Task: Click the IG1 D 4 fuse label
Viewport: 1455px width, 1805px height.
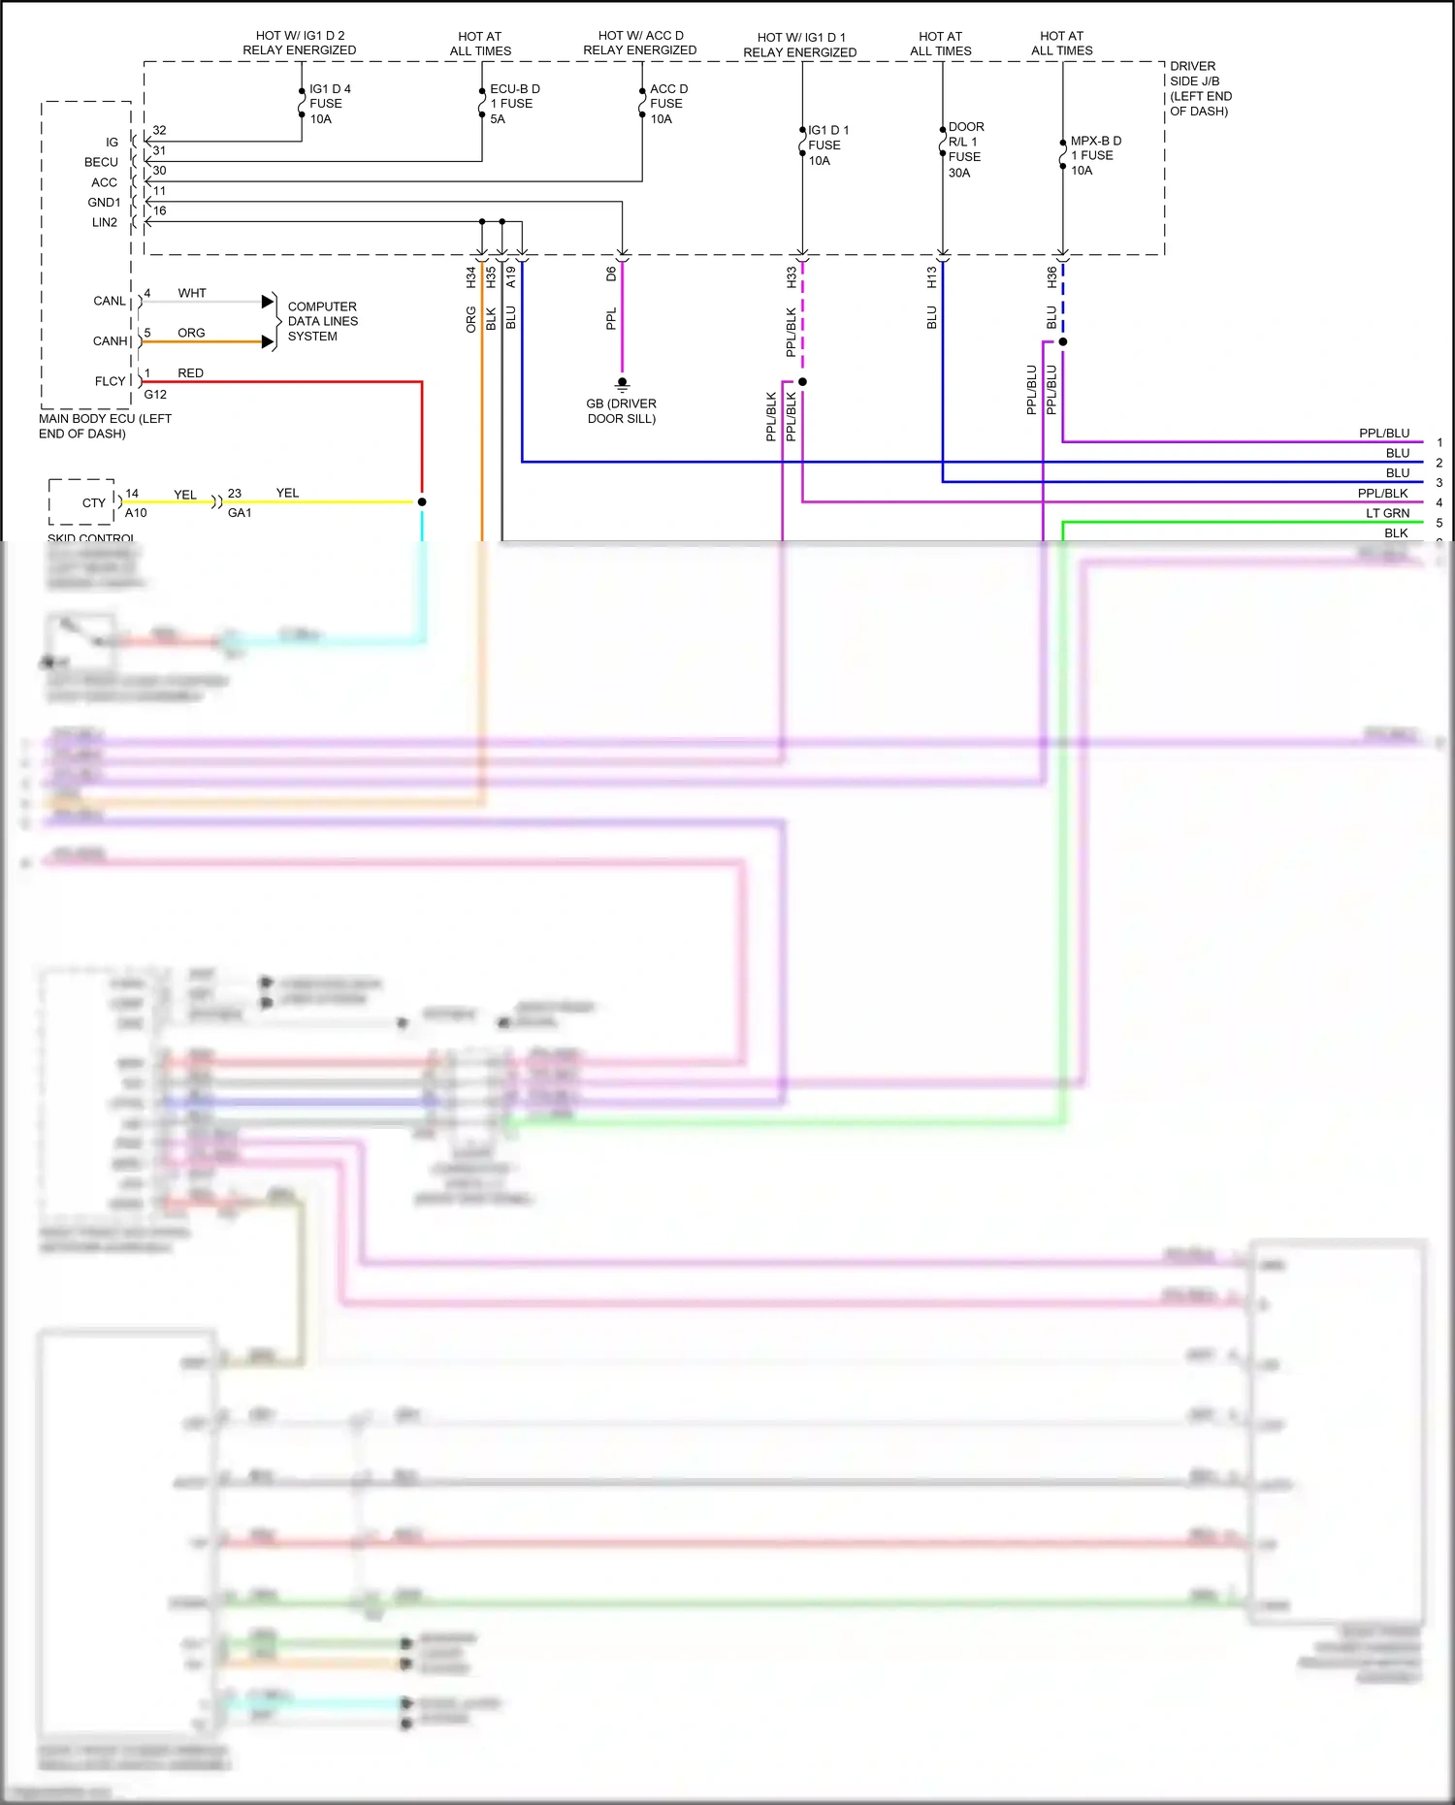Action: [329, 104]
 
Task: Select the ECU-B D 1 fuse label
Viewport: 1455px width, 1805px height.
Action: [513, 104]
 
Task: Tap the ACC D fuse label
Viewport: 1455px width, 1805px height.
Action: [667, 104]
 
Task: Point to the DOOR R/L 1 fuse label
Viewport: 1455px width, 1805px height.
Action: [965, 149]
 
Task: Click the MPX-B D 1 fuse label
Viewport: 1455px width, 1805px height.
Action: [1094, 155]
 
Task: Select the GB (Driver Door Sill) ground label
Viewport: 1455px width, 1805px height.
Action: [621, 411]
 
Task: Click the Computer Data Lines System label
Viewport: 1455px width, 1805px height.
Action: [322, 321]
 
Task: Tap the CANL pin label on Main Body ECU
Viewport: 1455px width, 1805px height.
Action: [109, 302]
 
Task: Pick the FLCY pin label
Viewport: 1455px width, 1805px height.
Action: [110, 381]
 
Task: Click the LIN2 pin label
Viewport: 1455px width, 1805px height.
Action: [104, 222]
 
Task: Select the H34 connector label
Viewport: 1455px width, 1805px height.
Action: [471, 277]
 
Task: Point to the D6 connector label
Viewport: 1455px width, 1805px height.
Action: [611, 274]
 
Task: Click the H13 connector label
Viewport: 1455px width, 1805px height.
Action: [932, 277]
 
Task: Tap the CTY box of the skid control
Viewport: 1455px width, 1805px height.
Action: [93, 503]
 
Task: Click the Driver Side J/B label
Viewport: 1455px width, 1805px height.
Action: [1200, 88]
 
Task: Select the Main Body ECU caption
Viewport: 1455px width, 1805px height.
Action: [105, 426]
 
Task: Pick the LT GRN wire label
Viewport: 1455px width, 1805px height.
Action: [1387, 513]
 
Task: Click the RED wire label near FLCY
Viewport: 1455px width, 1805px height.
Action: [190, 373]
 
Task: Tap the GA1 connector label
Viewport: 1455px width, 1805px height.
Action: [240, 513]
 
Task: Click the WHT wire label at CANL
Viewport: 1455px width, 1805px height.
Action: [192, 293]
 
